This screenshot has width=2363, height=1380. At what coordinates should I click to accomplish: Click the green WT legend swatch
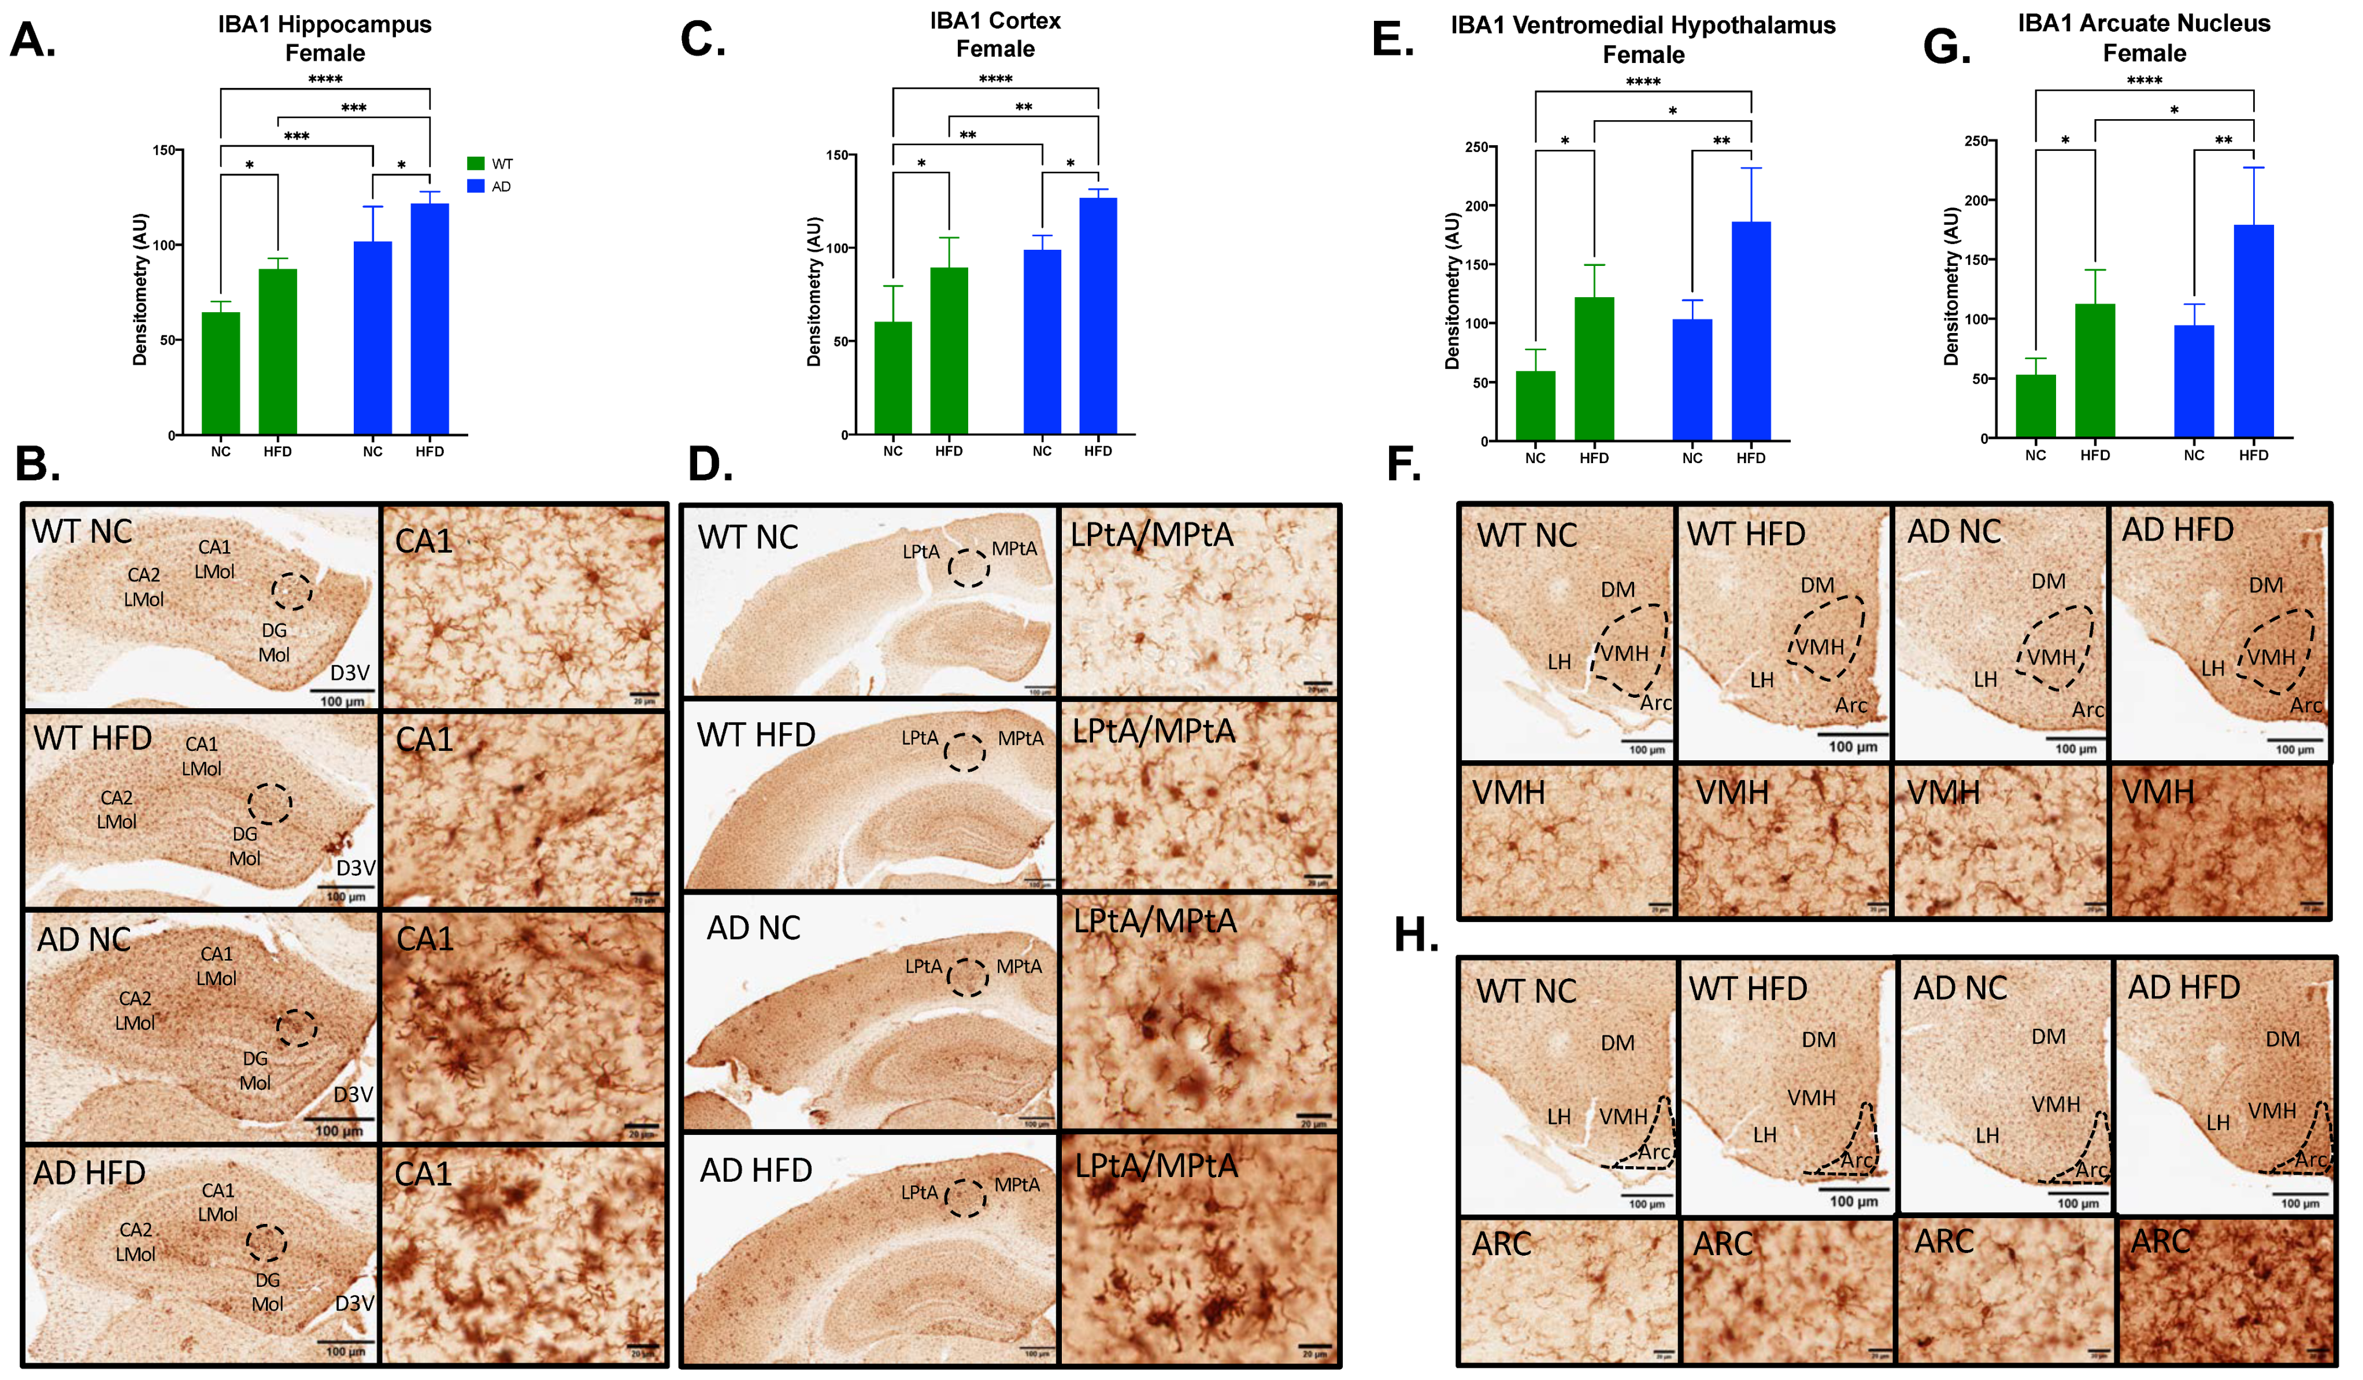click(x=475, y=163)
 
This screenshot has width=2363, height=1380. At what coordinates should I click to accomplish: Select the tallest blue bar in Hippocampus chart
click(x=429, y=319)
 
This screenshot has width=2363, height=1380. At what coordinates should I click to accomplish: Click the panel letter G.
click(x=1946, y=45)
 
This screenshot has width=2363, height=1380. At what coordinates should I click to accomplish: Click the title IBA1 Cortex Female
click(x=995, y=35)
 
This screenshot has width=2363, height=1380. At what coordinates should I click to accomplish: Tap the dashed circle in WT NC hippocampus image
click(x=292, y=591)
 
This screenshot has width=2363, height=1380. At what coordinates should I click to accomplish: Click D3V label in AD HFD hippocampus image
click(x=354, y=1303)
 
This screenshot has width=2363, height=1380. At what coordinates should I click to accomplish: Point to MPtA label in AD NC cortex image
click(x=1018, y=966)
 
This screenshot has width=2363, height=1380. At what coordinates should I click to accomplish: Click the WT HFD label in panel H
click(x=1748, y=989)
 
